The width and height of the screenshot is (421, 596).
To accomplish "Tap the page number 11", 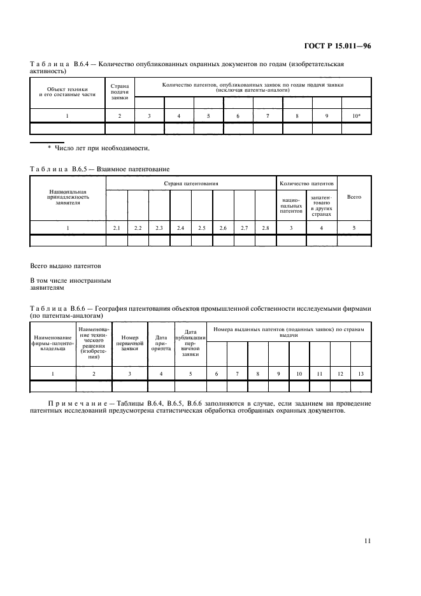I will tap(367, 541).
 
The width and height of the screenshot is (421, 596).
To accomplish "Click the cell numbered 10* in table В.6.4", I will tap(356, 116).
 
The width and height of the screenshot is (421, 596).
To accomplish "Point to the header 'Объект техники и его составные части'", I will tap(68, 92).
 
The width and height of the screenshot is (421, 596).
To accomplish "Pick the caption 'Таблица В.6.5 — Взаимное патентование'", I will tap(100, 169).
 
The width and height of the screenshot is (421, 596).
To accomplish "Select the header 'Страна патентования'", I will tap(190, 183).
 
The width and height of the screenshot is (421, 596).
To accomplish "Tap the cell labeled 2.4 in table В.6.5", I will tap(180, 227).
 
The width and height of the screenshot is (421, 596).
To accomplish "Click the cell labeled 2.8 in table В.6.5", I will tap(265, 227).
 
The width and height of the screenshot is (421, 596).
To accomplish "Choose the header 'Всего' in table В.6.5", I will tap(353, 197).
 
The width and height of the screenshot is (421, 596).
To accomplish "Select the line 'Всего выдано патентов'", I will tap(65, 265).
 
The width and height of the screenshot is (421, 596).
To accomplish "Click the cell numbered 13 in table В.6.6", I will tap(360, 373).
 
